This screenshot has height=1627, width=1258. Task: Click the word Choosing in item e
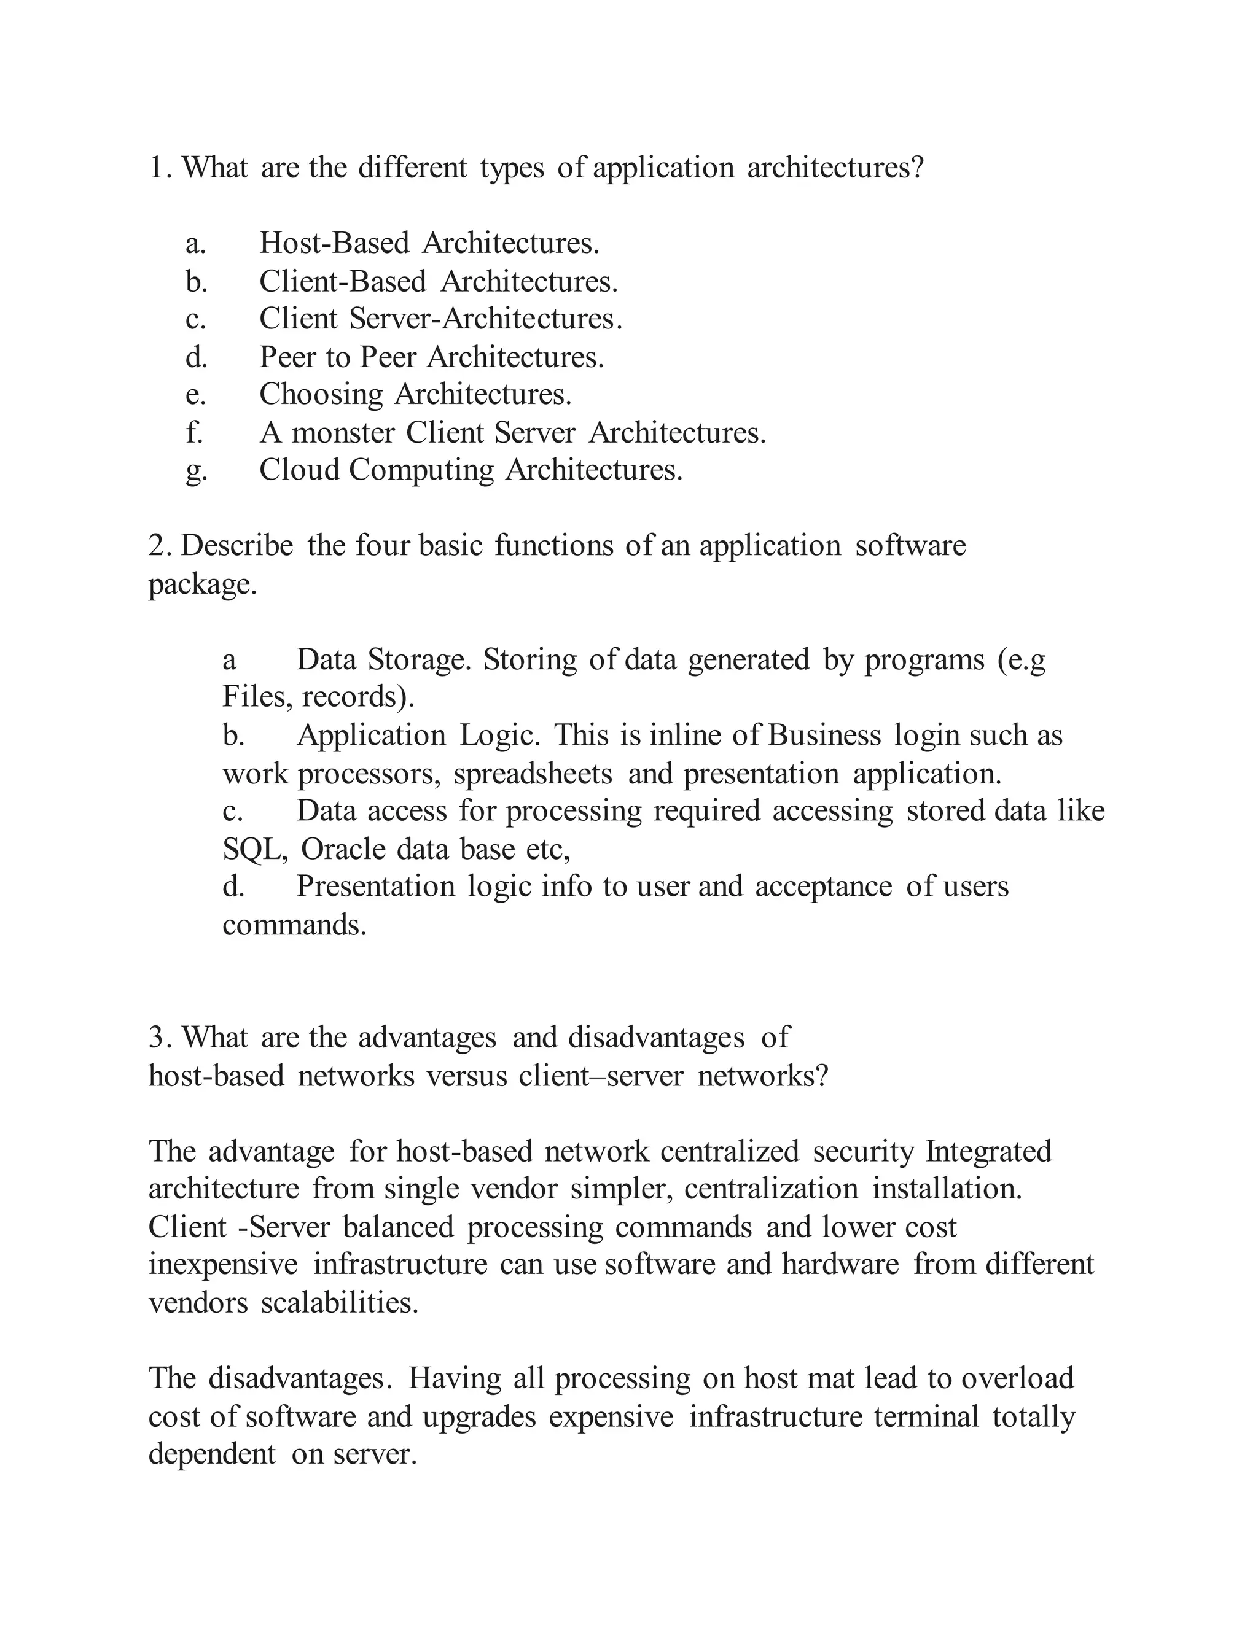[x=321, y=395]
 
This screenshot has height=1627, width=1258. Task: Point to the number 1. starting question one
[x=160, y=168]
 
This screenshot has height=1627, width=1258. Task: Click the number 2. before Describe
[x=160, y=545]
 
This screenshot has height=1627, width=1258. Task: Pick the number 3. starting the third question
[x=160, y=1037]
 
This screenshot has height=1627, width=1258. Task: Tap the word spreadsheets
[x=533, y=774]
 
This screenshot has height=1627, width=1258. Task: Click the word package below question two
[x=202, y=584]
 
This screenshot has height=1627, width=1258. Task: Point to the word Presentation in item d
[x=375, y=887]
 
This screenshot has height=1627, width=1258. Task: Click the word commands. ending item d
[x=294, y=925]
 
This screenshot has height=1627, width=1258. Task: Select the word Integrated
[x=988, y=1151]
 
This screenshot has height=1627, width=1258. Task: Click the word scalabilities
[x=340, y=1303]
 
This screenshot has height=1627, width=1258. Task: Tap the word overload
[x=1017, y=1378]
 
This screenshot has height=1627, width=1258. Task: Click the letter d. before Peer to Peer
[x=196, y=357]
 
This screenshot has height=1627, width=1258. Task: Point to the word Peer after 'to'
[x=388, y=357]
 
